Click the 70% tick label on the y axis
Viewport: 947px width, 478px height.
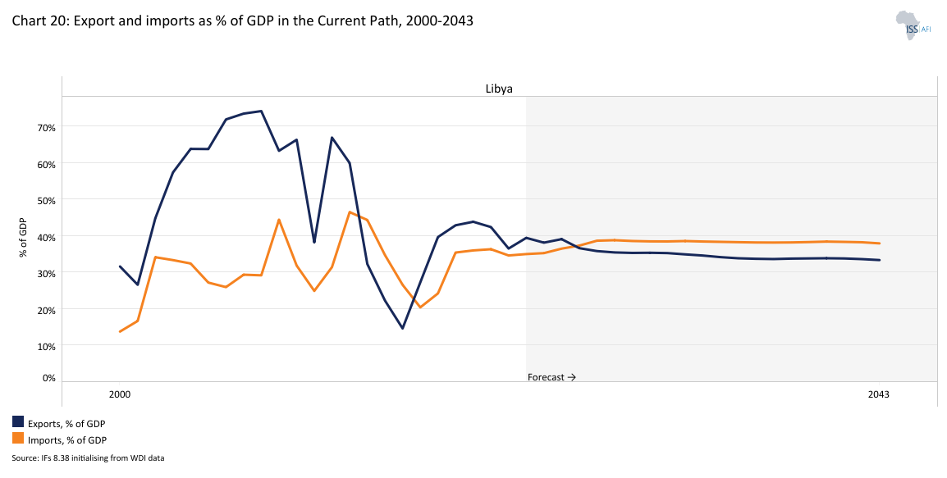[x=45, y=127]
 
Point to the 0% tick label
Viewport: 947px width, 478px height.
[x=48, y=378]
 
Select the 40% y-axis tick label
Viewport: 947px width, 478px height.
[x=45, y=236]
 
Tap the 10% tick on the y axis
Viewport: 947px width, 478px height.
[x=45, y=346]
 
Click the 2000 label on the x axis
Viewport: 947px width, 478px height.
[x=120, y=394]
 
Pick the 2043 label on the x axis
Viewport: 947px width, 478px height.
[x=879, y=394]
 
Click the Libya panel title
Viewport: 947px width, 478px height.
[x=499, y=89]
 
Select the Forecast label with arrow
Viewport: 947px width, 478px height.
[x=551, y=377]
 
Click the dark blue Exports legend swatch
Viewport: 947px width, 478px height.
[x=18, y=422]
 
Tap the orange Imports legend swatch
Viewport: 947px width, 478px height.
[x=18, y=439]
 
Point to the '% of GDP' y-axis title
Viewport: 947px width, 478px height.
[x=23, y=238]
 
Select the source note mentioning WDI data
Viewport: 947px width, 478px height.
[x=88, y=458]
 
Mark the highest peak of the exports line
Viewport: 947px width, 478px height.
[x=261, y=111]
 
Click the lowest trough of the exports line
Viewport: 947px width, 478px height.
[x=402, y=328]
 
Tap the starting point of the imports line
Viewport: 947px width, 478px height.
[x=120, y=331]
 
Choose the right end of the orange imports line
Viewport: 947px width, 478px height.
[x=880, y=243]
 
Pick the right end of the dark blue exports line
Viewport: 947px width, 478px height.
[x=880, y=260]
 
